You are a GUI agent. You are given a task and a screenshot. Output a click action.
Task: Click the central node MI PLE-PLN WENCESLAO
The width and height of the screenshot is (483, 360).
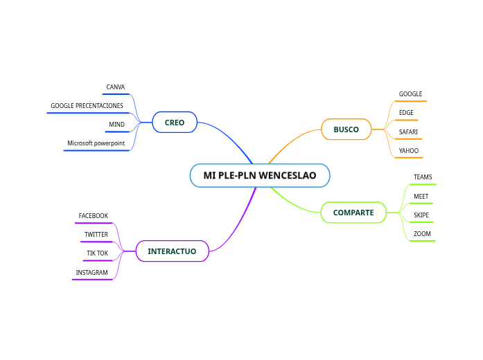(x=260, y=176)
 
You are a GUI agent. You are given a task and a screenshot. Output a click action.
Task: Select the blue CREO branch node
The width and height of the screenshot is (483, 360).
(x=175, y=123)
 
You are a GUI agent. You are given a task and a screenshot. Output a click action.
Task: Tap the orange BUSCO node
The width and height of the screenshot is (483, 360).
(x=346, y=129)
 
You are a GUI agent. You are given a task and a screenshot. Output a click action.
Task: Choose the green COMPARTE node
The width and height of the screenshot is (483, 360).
(x=353, y=213)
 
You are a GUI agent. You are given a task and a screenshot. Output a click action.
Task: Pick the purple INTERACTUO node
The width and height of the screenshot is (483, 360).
(x=172, y=251)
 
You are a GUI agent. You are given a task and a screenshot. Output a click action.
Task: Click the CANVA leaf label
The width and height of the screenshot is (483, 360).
(x=115, y=88)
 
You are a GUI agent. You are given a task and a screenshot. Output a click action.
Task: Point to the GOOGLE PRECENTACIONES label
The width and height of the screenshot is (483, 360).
(x=87, y=107)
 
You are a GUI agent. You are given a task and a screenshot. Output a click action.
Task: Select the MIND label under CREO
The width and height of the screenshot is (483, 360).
(x=116, y=125)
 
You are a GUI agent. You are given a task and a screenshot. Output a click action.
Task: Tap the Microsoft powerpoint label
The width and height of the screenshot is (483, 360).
(x=96, y=144)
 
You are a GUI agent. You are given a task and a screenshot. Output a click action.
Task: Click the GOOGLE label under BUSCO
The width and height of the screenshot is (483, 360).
(x=410, y=94)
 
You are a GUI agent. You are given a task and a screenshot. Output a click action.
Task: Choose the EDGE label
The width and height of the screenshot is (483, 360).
(x=406, y=113)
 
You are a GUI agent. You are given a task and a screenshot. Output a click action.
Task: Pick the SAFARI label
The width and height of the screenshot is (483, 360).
(x=408, y=132)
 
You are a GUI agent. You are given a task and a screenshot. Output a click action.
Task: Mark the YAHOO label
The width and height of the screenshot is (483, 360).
(x=409, y=150)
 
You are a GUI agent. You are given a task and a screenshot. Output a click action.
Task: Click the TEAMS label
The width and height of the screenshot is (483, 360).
(x=423, y=178)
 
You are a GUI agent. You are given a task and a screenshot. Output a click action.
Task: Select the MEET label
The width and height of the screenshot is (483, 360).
(x=421, y=197)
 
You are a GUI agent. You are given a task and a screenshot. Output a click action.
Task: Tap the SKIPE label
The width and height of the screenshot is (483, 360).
(x=421, y=215)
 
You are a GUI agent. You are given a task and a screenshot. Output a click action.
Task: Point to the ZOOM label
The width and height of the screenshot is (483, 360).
(x=422, y=234)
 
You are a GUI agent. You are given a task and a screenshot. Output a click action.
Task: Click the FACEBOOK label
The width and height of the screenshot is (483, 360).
(x=93, y=216)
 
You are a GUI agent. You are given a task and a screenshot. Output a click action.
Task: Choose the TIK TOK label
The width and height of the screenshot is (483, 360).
(x=97, y=253)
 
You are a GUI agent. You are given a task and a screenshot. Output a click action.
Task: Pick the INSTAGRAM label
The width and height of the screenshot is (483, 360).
(x=91, y=273)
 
